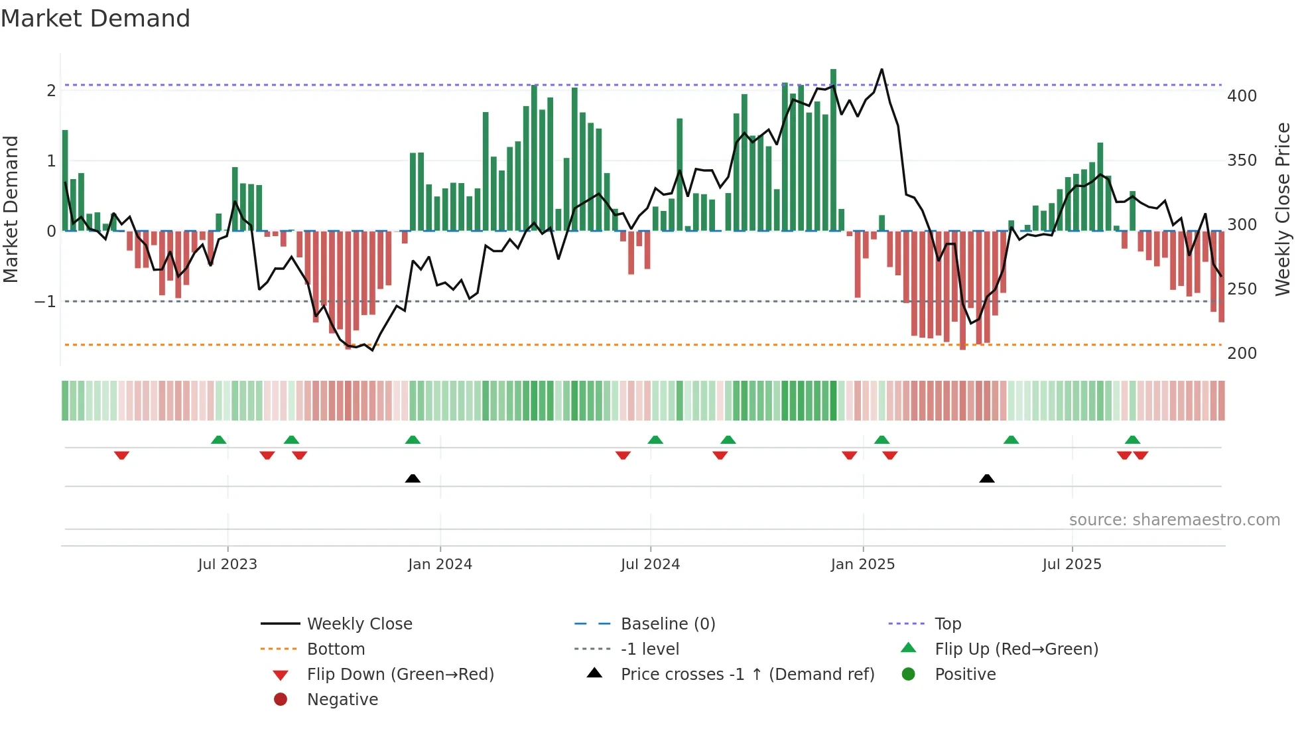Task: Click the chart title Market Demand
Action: (96, 19)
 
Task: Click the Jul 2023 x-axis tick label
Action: (227, 565)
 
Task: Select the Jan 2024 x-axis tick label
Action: (440, 565)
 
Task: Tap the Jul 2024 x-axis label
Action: (650, 565)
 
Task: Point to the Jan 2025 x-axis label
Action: (862, 565)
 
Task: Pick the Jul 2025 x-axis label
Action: (1071, 565)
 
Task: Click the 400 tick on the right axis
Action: (1242, 96)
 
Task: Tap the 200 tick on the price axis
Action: (1242, 354)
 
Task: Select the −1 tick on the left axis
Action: (46, 302)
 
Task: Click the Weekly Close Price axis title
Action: (1283, 209)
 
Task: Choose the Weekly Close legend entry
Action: (359, 624)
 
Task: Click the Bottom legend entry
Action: (336, 649)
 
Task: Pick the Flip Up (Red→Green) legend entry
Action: (1016, 649)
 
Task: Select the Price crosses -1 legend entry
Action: (747, 675)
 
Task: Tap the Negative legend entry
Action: (342, 700)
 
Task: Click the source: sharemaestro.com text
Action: (1174, 520)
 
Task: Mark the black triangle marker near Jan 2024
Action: (413, 478)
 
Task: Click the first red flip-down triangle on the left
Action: (121, 456)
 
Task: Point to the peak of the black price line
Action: (881, 70)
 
